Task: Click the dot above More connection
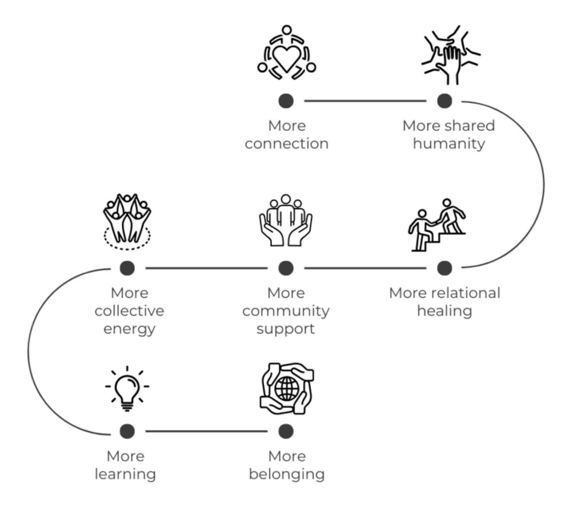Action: [286, 101]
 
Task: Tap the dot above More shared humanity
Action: [444, 101]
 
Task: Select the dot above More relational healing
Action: [444, 268]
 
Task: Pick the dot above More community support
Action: [286, 268]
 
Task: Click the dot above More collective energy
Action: [127, 268]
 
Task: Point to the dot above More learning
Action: [127, 431]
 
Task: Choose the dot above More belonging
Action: [286, 431]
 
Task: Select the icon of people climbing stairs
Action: [437, 225]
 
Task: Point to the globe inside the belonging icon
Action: [287, 389]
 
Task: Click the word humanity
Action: [448, 143]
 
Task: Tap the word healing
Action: [444, 311]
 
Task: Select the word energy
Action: [129, 329]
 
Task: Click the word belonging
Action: [287, 474]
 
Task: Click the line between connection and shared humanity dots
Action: [366, 101]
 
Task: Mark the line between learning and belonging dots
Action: [207, 431]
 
